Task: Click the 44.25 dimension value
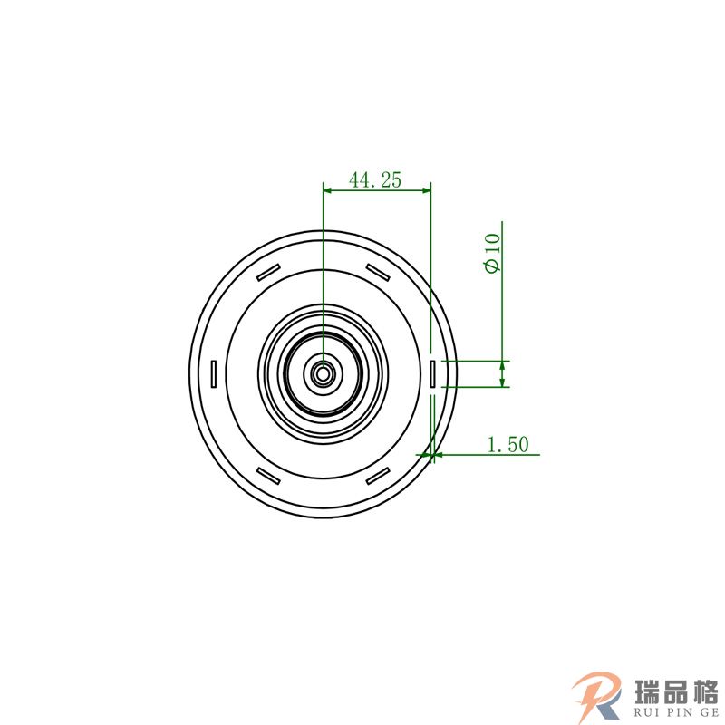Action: pos(375,179)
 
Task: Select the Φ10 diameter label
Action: pos(493,253)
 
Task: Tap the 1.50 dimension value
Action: pos(508,444)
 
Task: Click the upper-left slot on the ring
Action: pos(268,273)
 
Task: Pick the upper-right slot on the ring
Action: pos(378,272)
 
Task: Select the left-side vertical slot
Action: pos(214,373)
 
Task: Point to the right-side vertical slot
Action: pos(432,373)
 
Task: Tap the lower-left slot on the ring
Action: pos(268,475)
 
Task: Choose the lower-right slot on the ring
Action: pos(378,475)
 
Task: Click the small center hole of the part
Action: pos(324,372)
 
